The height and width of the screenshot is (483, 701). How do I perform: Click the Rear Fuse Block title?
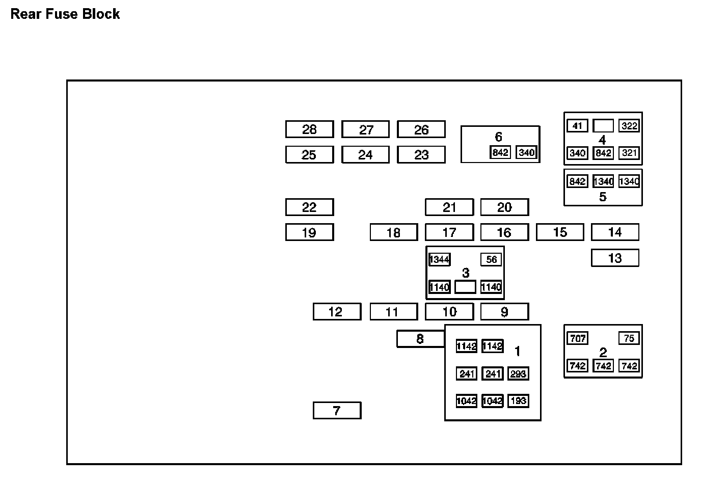click(65, 14)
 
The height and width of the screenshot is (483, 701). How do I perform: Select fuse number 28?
click(309, 129)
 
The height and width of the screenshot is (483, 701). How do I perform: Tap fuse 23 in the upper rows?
click(421, 155)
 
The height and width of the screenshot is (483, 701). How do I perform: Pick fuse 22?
click(309, 207)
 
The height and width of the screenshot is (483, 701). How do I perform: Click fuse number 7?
click(337, 411)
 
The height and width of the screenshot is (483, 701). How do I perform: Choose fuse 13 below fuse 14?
click(615, 258)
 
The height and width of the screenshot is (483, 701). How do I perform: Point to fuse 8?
click(420, 339)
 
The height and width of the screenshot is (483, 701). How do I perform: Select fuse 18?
click(393, 233)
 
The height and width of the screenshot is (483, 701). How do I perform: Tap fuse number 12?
click(337, 312)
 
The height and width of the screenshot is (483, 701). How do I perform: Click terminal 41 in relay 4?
click(577, 126)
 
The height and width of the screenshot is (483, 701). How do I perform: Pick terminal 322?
click(629, 126)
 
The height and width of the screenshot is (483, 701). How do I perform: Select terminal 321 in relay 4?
click(629, 153)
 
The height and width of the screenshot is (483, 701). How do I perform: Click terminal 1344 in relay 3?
click(439, 260)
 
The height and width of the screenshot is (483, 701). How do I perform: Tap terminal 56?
click(491, 260)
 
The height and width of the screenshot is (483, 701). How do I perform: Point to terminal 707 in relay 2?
click(577, 338)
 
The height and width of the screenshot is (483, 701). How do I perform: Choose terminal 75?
click(629, 338)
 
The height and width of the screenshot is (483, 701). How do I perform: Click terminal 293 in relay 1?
click(518, 374)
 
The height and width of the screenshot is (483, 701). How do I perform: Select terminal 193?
click(518, 401)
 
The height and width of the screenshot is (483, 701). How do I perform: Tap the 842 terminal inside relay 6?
click(500, 152)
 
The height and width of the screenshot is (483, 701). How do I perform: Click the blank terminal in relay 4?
click(603, 125)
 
